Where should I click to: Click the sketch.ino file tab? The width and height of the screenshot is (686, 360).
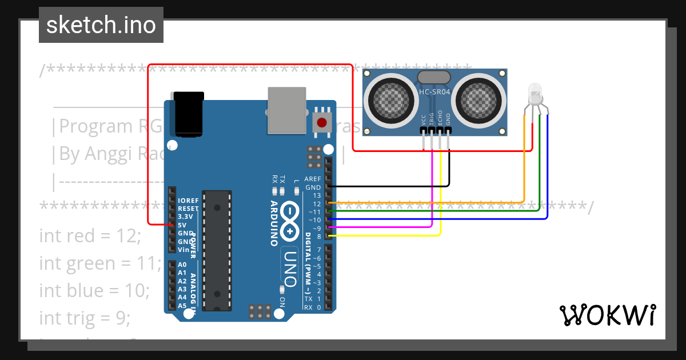pyautogui.click(x=101, y=25)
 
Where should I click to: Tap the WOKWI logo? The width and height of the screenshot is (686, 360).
pyautogui.click(x=607, y=315)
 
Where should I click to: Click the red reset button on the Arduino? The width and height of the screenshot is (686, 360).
pyautogui.click(x=322, y=122)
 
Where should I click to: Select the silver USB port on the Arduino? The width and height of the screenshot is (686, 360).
pyautogui.click(x=287, y=110)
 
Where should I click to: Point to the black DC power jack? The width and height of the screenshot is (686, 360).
pyautogui.click(x=189, y=114)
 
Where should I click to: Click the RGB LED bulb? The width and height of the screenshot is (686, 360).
pyautogui.click(x=535, y=93)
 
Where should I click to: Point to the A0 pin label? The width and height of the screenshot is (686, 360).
pyautogui.click(x=182, y=265)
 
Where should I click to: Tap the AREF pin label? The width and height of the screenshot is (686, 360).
pyautogui.click(x=313, y=179)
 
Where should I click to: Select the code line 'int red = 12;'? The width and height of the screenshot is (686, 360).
pyautogui.click(x=90, y=235)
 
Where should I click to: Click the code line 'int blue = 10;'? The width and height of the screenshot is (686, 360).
pyautogui.click(x=94, y=290)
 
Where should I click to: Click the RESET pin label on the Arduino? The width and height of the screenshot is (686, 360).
pyautogui.click(x=188, y=209)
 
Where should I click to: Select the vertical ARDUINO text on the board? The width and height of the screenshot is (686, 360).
pyautogui.click(x=275, y=223)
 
